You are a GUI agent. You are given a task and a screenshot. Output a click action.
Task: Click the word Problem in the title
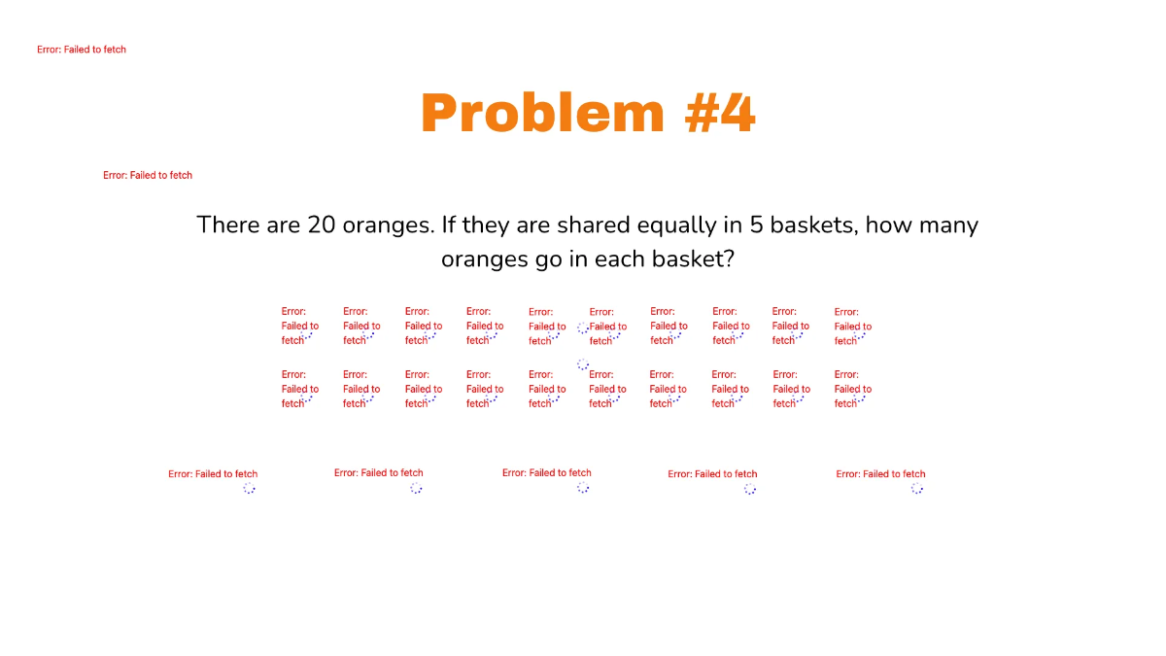coord(542,114)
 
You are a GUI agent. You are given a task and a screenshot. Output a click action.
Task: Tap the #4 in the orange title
coord(720,114)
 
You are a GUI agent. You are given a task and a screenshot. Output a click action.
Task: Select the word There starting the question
coord(228,225)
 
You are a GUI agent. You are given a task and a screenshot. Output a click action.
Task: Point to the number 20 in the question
coord(322,225)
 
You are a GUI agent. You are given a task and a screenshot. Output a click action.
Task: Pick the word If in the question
coord(449,225)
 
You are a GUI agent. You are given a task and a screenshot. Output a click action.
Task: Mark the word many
coord(948,225)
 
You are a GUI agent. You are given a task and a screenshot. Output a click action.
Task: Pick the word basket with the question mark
coord(694,260)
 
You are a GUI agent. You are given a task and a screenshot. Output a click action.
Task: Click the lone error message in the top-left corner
coord(82,50)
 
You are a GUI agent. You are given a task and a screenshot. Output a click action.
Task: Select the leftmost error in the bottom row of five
coord(213,474)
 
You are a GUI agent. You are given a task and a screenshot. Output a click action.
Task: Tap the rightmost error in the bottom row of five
coord(880,474)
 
